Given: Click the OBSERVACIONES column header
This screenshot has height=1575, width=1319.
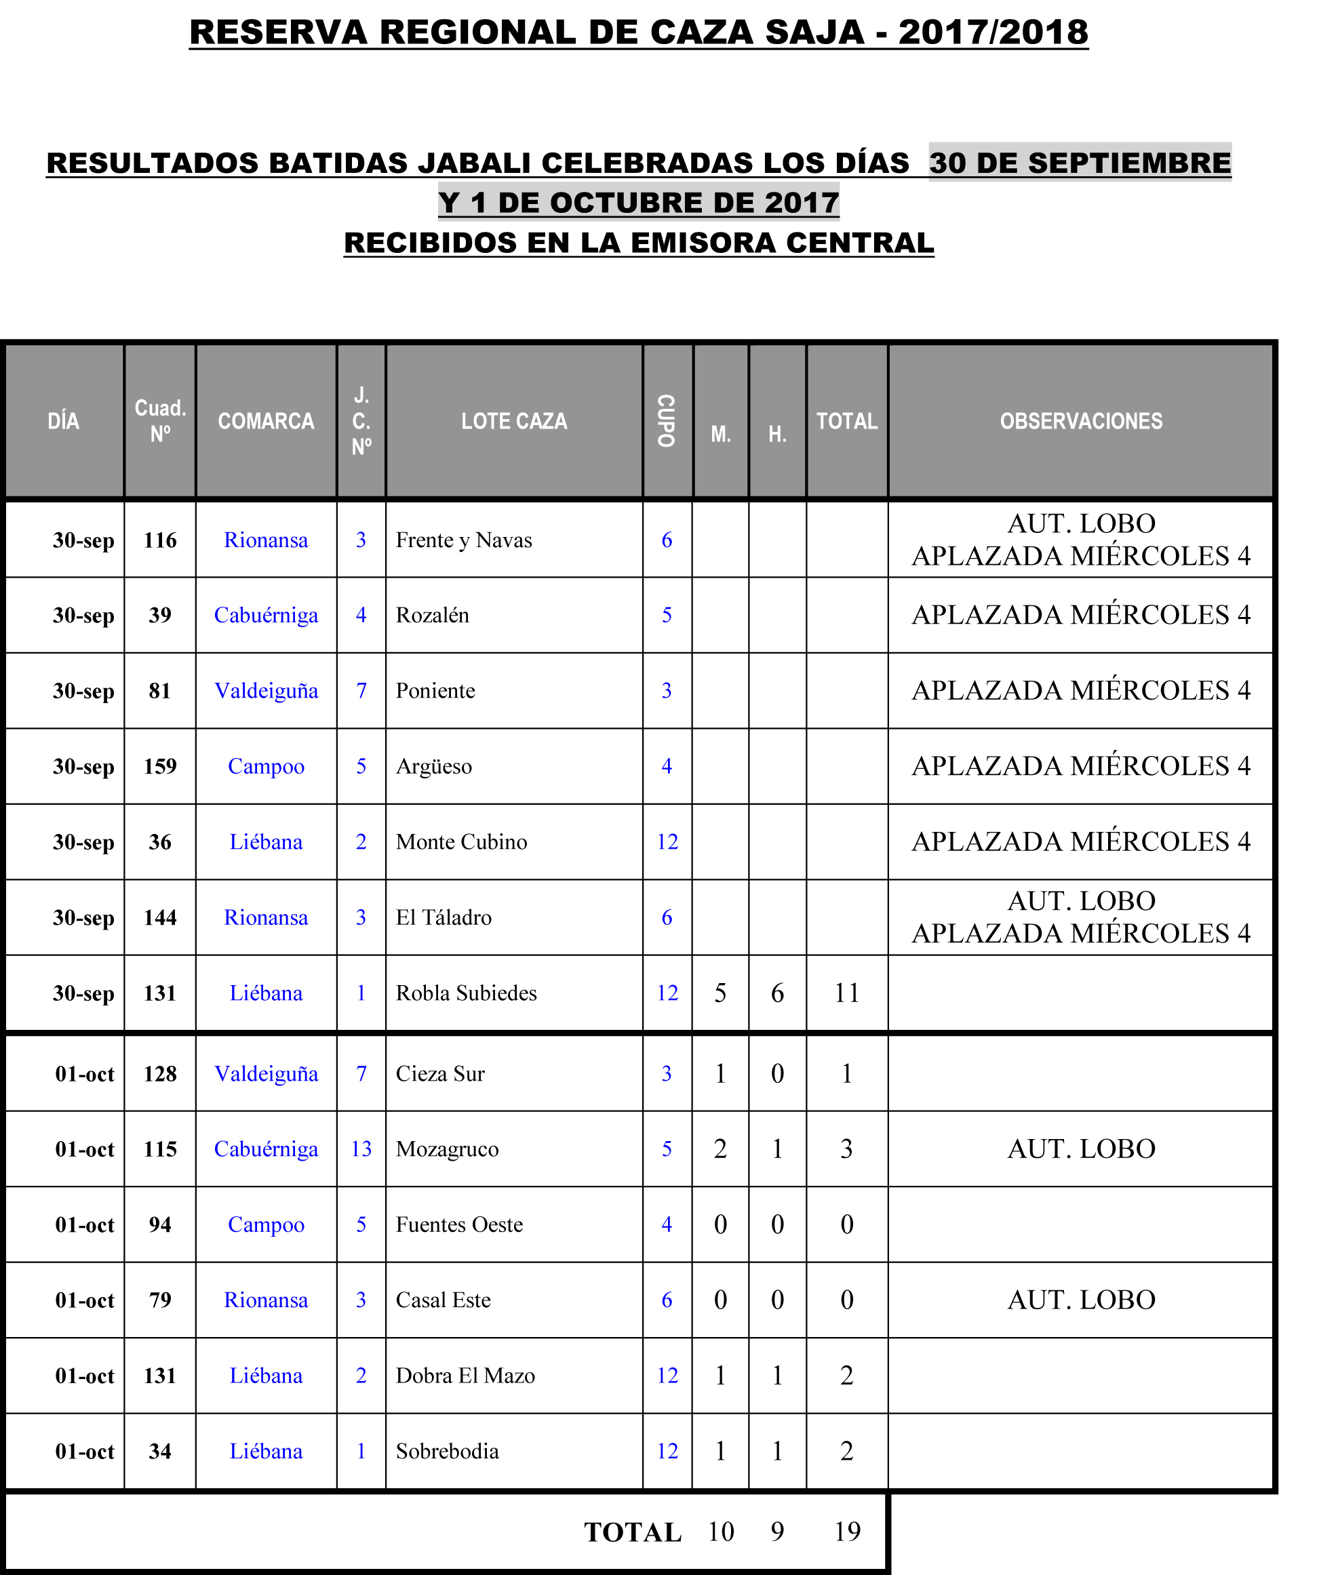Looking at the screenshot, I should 1080,421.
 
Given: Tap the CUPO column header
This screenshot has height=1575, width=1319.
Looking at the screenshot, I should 666,421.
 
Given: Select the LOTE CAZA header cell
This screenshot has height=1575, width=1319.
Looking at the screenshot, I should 514,421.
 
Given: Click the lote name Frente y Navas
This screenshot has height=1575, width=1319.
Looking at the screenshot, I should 464,540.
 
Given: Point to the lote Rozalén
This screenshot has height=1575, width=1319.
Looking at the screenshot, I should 432,615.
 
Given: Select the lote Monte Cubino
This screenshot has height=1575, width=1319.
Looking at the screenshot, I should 461,841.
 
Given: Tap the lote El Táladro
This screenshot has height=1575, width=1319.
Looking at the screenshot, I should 444,917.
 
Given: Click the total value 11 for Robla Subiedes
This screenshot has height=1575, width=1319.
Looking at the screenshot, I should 846,993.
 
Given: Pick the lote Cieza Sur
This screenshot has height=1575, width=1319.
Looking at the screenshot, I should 440,1073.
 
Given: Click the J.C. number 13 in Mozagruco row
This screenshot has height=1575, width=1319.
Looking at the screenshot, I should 361,1149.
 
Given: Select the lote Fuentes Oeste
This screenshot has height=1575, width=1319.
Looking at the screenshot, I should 459,1224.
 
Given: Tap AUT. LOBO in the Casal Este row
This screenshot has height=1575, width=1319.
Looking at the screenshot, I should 1080,1300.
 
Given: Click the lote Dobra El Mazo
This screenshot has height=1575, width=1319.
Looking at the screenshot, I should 465,1376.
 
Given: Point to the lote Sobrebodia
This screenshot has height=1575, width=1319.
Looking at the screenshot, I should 447,1451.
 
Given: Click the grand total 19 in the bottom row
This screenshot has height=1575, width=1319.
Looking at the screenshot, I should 847,1532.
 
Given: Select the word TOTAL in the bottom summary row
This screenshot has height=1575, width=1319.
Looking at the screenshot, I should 633,1532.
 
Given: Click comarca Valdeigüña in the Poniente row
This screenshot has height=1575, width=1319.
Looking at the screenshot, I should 267,691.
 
